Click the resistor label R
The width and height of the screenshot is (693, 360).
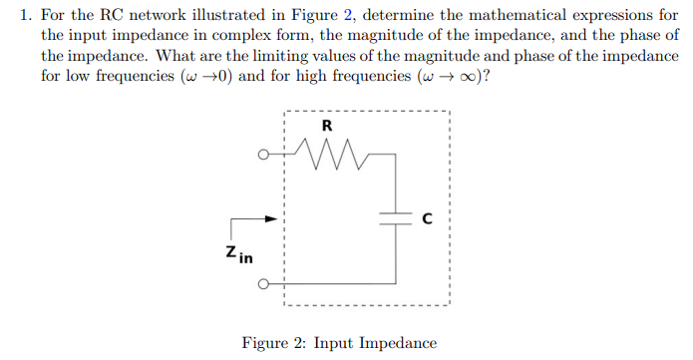[x=327, y=127]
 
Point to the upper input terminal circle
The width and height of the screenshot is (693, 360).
[x=263, y=156]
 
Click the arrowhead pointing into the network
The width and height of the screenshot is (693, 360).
[x=269, y=219]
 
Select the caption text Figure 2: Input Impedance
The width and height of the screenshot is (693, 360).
[x=339, y=343]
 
